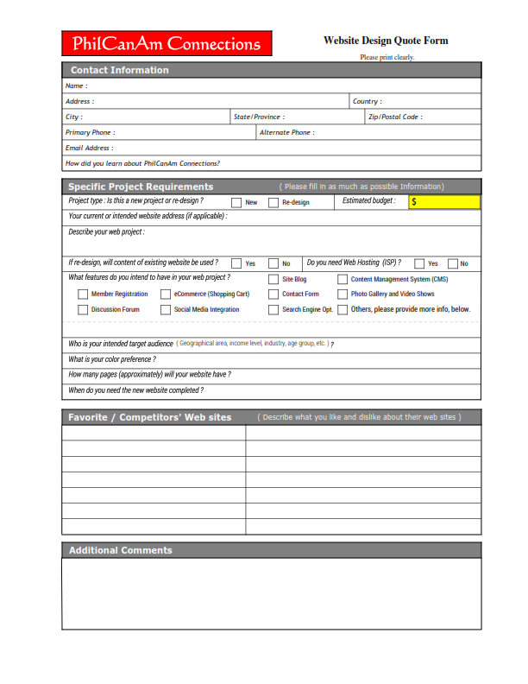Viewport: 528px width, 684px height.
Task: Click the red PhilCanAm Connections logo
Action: tap(167, 44)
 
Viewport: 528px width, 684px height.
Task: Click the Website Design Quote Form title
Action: tap(386, 41)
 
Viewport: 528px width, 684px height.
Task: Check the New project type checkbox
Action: tap(236, 202)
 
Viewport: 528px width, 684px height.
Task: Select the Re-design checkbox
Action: tap(273, 202)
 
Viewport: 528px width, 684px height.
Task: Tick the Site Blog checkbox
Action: tap(273, 280)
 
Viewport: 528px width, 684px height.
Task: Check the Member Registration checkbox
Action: tap(83, 294)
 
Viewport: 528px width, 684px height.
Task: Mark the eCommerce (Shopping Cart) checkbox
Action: tap(166, 294)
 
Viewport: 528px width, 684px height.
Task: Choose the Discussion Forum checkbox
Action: tap(83, 309)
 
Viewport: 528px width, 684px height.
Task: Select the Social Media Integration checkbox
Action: tap(166, 309)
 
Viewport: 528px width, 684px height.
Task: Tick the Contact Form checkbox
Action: tap(273, 294)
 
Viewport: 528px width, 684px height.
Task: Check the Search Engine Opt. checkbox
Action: tap(273, 309)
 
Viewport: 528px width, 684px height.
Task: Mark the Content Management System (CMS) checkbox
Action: tap(343, 280)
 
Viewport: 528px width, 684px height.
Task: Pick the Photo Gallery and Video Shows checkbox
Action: tap(343, 294)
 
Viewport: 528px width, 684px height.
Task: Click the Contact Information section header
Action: tap(120, 70)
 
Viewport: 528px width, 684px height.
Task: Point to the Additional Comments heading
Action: tap(120, 550)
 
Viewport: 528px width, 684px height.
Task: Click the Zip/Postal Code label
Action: tap(395, 117)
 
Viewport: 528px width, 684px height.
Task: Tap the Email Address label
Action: tap(88, 148)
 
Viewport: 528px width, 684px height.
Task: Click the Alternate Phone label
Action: tap(286, 132)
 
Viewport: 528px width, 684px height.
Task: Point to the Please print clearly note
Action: tap(387, 57)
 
